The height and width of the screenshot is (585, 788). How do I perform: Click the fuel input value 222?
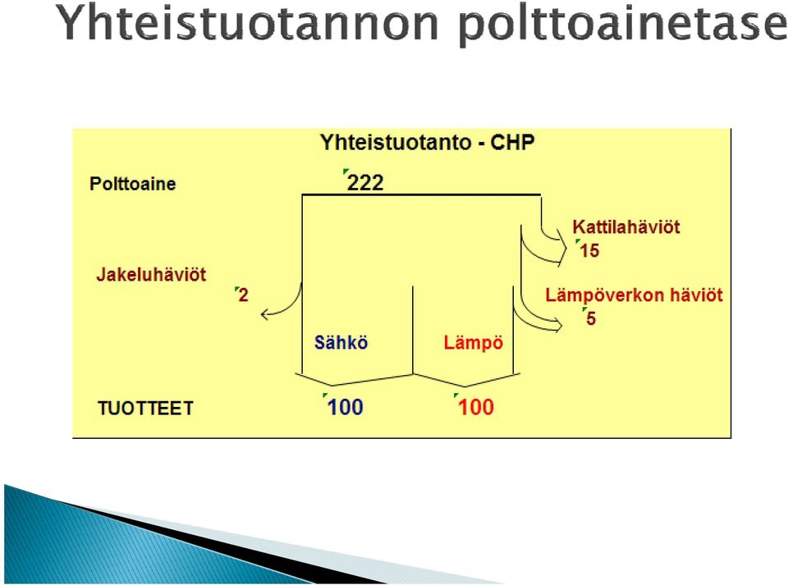pyautogui.click(x=365, y=182)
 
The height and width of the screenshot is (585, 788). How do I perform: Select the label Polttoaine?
pyautogui.click(x=133, y=184)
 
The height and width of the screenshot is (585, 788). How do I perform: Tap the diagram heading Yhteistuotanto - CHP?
pyautogui.click(x=427, y=143)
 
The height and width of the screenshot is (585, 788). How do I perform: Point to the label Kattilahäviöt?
pyautogui.click(x=626, y=227)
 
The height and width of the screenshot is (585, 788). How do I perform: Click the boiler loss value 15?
pyautogui.click(x=589, y=250)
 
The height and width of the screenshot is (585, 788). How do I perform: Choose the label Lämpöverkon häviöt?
pyautogui.click(x=635, y=295)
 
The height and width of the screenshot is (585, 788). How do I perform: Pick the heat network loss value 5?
pyautogui.click(x=591, y=318)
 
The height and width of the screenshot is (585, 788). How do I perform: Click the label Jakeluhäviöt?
pyautogui.click(x=151, y=275)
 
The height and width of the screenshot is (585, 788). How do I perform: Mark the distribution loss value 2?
pyautogui.click(x=243, y=295)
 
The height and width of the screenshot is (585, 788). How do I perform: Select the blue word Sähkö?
pyautogui.click(x=341, y=342)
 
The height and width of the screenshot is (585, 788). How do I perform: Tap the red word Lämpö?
pyautogui.click(x=474, y=342)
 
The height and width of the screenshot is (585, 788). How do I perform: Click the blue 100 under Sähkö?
pyautogui.click(x=346, y=407)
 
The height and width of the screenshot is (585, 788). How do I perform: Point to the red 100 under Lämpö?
pyautogui.click(x=476, y=407)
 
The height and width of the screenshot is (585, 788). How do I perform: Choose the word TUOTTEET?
pyautogui.click(x=146, y=409)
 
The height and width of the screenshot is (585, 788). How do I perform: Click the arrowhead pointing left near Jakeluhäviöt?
pyautogui.click(x=265, y=315)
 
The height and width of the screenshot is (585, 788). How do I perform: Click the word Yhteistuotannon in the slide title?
pyautogui.click(x=247, y=24)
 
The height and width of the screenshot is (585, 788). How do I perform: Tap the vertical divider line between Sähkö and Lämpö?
pyautogui.click(x=413, y=330)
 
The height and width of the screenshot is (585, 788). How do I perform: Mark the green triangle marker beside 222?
pyautogui.click(x=346, y=172)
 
